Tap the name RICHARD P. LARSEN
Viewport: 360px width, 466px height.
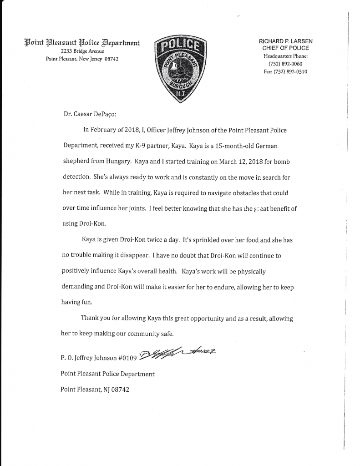tap(286, 41)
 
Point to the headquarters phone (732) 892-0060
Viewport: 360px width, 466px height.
tap(286, 63)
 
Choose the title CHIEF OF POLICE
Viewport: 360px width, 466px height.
tap(286, 48)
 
